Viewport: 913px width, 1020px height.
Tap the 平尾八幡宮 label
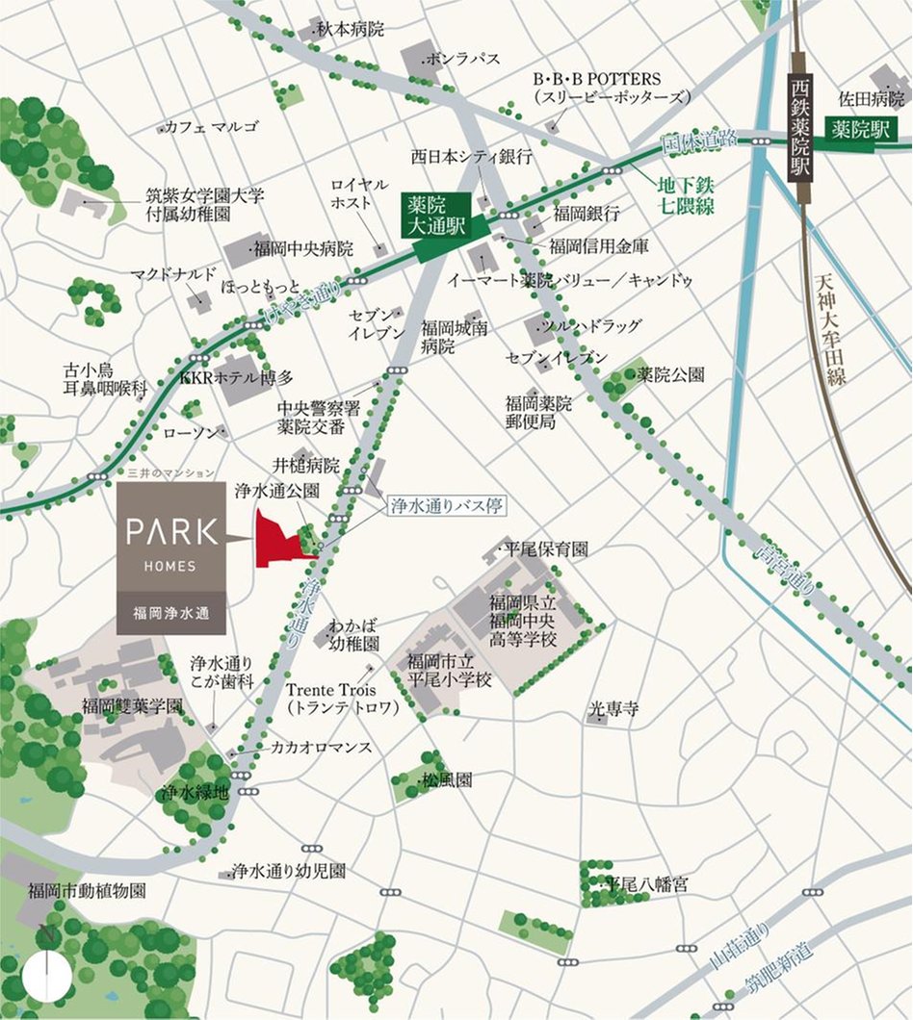(x=644, y=883)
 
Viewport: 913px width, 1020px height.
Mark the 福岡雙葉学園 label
(x=132, y=705)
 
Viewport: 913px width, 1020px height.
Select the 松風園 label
(x=447, y=780)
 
